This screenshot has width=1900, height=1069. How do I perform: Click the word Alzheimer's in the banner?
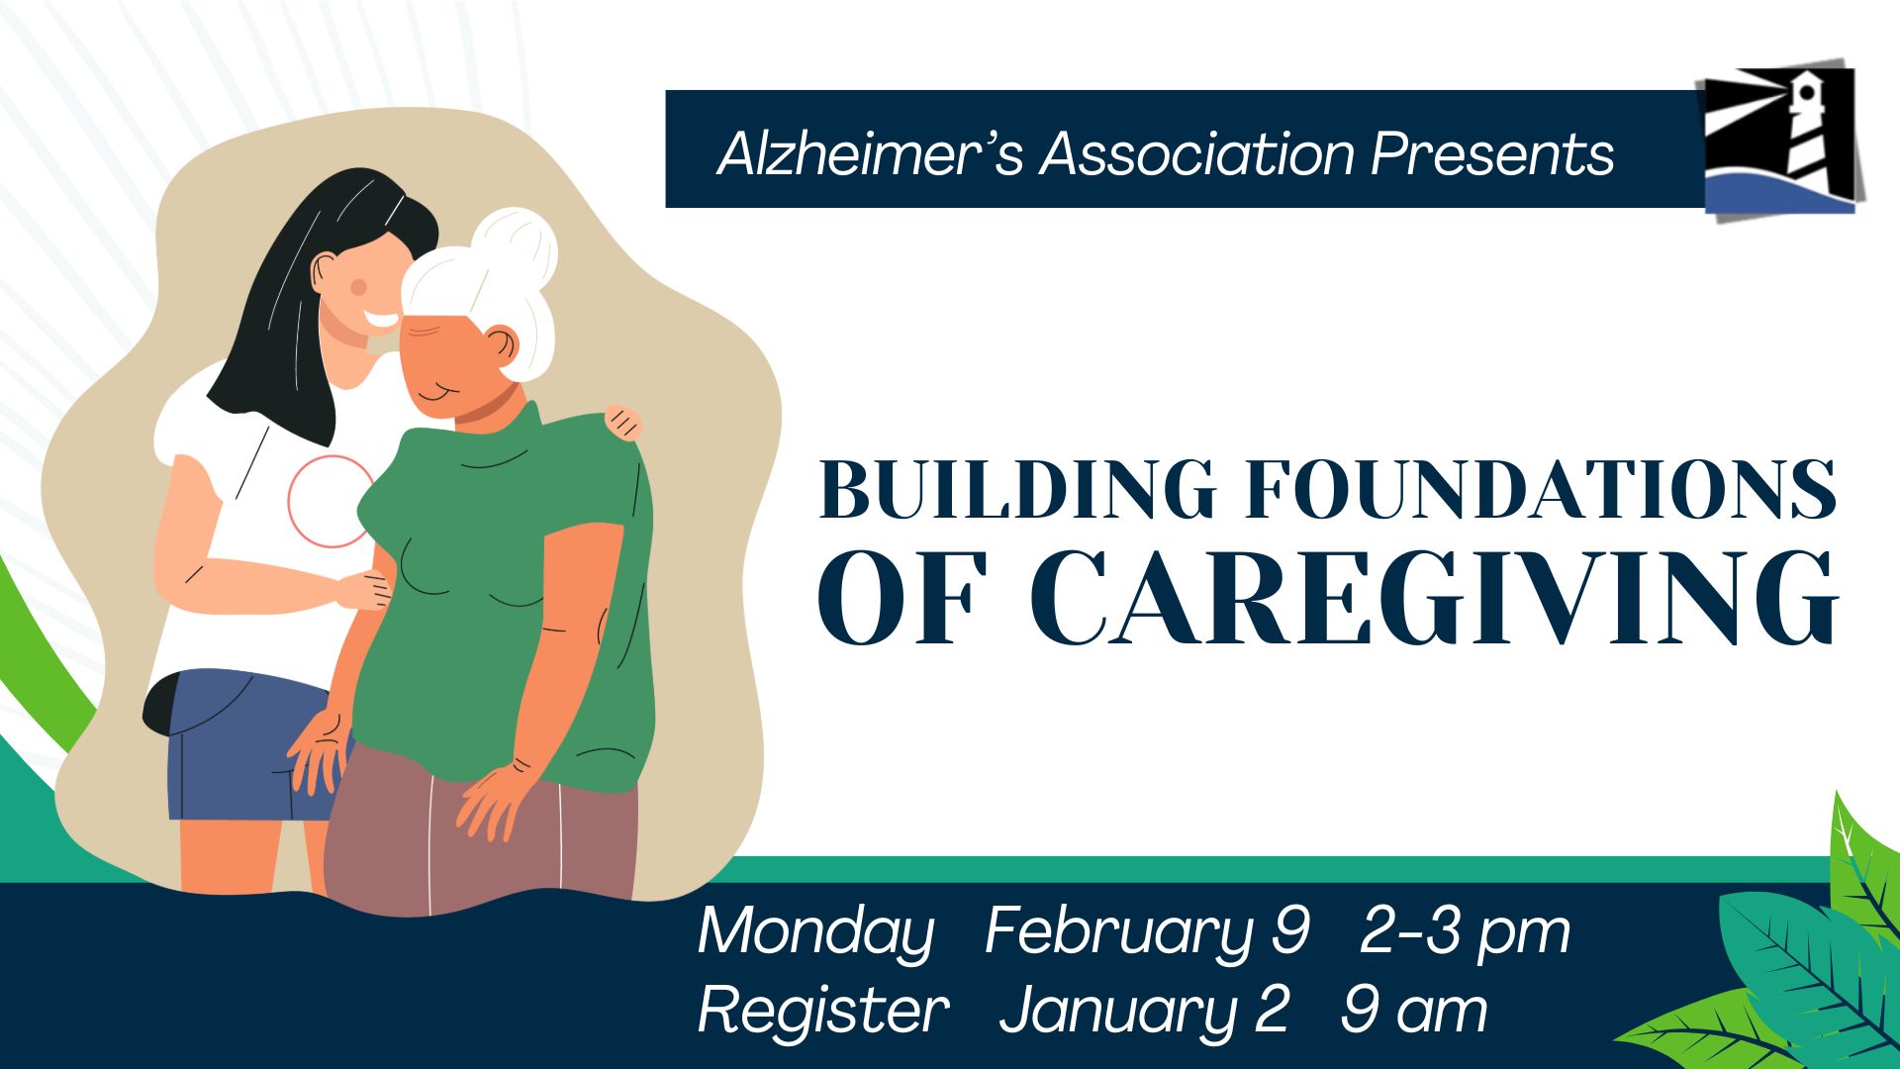[870, 154]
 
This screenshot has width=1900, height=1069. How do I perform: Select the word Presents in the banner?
[1492, 154]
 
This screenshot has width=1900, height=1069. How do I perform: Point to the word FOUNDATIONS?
[1541, 489]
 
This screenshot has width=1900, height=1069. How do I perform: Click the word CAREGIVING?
[1434, 598]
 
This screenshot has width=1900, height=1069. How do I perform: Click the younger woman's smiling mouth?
[381, 321]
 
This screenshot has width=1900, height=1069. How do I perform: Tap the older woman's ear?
[502, 346]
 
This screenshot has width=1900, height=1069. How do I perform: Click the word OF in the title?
[901, 598]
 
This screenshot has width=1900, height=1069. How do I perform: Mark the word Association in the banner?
[1196, 154]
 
